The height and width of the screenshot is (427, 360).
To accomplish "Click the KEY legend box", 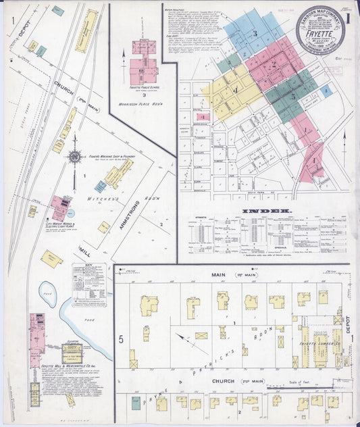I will coord(89,284).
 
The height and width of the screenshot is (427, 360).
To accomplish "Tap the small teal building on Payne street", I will coord(136,403).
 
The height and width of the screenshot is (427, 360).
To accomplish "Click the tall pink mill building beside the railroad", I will coord(35,341).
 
